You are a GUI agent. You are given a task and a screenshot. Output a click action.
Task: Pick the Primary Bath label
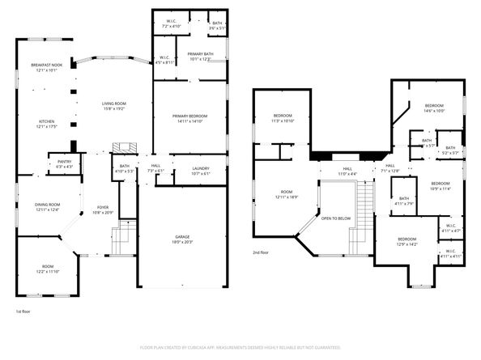coord(199,56)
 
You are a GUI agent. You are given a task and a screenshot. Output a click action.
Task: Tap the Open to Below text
coord(335,218)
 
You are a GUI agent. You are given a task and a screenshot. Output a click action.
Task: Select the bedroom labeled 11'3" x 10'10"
coord(283,118)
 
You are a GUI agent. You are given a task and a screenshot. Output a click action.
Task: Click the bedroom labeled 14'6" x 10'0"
coord(434,108)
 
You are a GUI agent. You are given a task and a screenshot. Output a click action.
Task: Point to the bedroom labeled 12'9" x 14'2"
coord(407,241)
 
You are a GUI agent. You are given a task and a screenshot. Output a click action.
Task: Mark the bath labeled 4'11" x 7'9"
coord(403,201)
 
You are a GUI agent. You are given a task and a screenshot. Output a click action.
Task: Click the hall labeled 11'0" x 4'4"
coord(347,172)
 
